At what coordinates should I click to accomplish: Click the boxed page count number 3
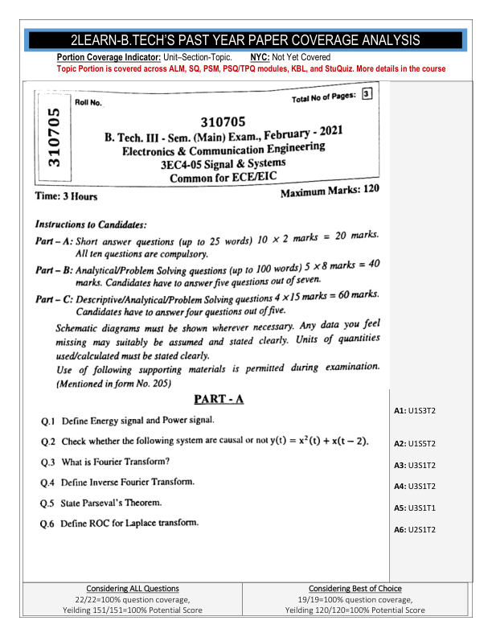[x=367, y=94]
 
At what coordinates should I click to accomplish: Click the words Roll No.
[x=88, y=103]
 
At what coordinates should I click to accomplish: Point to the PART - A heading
[x=219, y=399]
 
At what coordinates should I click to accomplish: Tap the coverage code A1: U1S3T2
[x=415, y=410]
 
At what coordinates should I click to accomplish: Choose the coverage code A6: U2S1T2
[x=415, y=529]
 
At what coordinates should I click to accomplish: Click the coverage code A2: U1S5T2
[x=415, y=443]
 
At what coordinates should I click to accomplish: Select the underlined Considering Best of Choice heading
[x=355, y=589]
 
